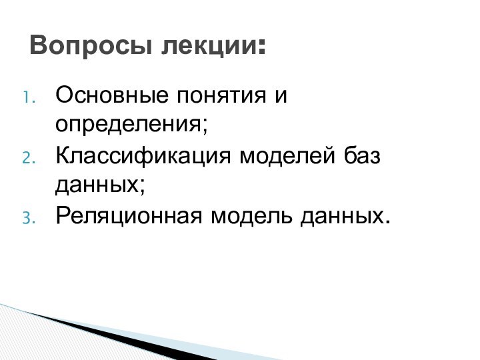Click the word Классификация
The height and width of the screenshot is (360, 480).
point(143,157)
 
